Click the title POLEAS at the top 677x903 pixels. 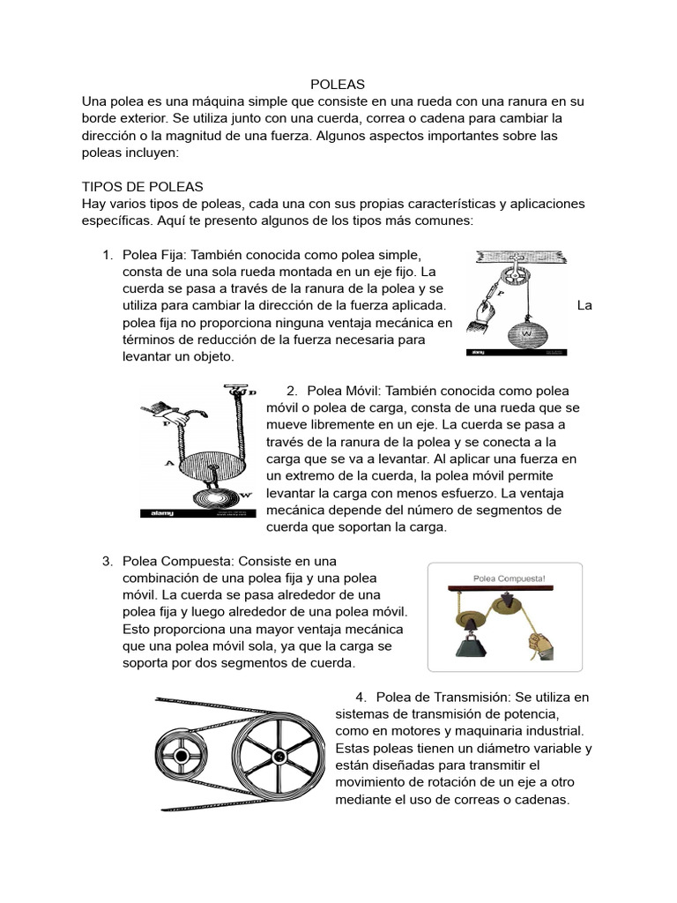[x=338, y=85]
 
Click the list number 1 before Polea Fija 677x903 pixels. [x=107, y=255]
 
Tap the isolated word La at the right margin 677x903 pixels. [x=584, y=306]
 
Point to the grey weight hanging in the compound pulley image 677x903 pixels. [x=467, y=642]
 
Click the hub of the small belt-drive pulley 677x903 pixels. [x=182, y=755]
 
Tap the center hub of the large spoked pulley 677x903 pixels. [x=279, y=756]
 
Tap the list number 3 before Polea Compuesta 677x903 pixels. [x=107, y=561]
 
